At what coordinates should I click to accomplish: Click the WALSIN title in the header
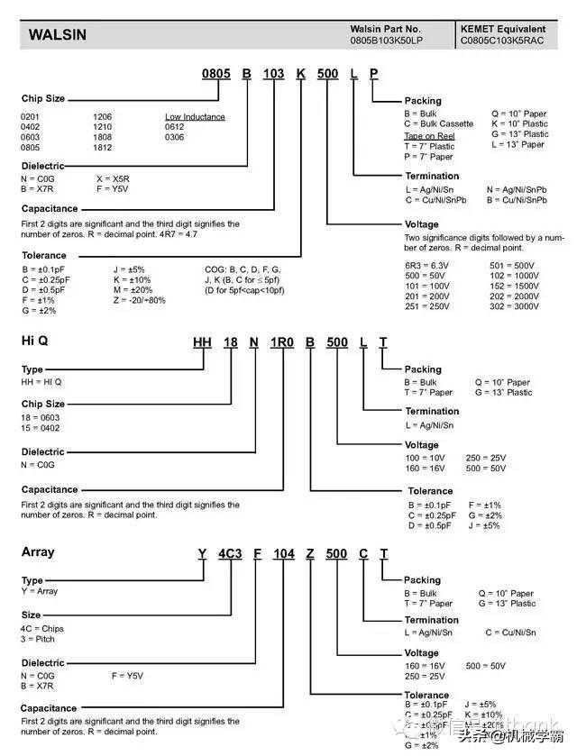click(58, 35)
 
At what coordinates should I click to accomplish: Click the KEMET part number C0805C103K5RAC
click(502, 41)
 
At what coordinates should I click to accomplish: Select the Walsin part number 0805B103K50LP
click(389, 41)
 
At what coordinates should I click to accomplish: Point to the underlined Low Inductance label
click(195, 117)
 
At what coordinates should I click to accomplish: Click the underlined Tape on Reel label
click(429, 136)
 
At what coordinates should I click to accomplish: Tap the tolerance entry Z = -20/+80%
click(139, 300)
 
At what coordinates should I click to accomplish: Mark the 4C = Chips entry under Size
click(42, 629)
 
